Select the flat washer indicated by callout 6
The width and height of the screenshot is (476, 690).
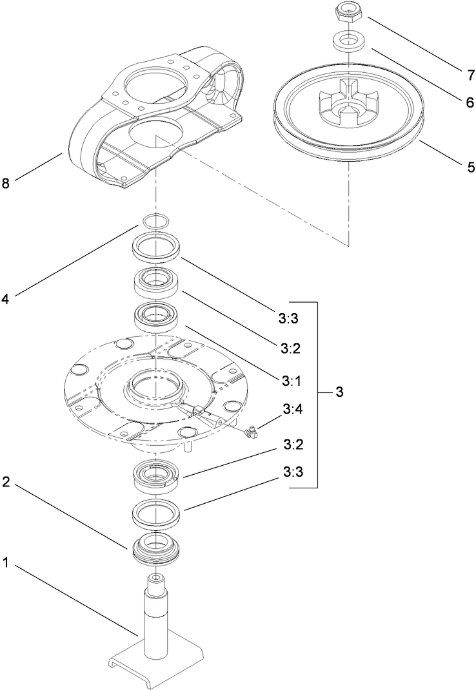click(346, 42)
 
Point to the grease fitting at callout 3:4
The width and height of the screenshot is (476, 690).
click(250, 434)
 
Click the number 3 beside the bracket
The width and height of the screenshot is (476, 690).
click(340, 393)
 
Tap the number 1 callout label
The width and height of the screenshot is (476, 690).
click(6, 562)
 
